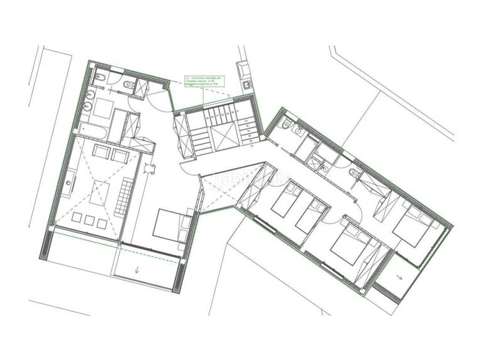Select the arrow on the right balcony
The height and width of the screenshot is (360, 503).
click(x=399, y=276)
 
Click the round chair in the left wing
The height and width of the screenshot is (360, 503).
click(x=149, y=168)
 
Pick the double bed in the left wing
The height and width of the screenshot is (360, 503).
click(x=171, y=224)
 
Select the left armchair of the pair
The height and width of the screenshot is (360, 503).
click(x=100, y=151)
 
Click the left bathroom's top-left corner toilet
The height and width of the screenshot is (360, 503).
click(x=100, y=79)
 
